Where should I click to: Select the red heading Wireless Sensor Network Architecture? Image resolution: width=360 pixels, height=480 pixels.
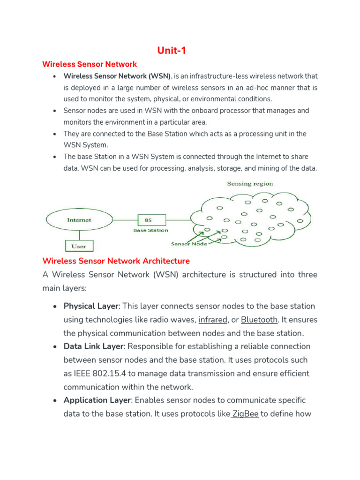click(x=116, y=261)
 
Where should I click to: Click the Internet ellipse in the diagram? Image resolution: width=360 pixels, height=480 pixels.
click(x=79, y=220)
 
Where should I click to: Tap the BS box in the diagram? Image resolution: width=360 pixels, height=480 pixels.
click(x=148, y=219)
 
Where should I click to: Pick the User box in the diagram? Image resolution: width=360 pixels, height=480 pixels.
click(x=79, y=246)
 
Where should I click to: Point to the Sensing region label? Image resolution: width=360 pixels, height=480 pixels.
click(x=250, y=184)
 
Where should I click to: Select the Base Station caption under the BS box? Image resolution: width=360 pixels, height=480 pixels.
click(x=150, y=230)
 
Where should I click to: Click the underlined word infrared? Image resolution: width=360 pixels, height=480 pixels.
click(x=213, y=320)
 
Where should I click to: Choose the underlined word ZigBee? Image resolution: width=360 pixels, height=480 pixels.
click(x=245, y=414)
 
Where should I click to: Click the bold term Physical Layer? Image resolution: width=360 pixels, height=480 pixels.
click(x=91, y=306)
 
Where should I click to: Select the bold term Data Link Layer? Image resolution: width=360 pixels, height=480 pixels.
click(x=94, y=346)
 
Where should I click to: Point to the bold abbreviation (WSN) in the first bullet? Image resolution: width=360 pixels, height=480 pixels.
click(x=161, y=76)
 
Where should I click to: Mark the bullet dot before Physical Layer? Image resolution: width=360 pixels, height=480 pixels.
click(x=55, y=307)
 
